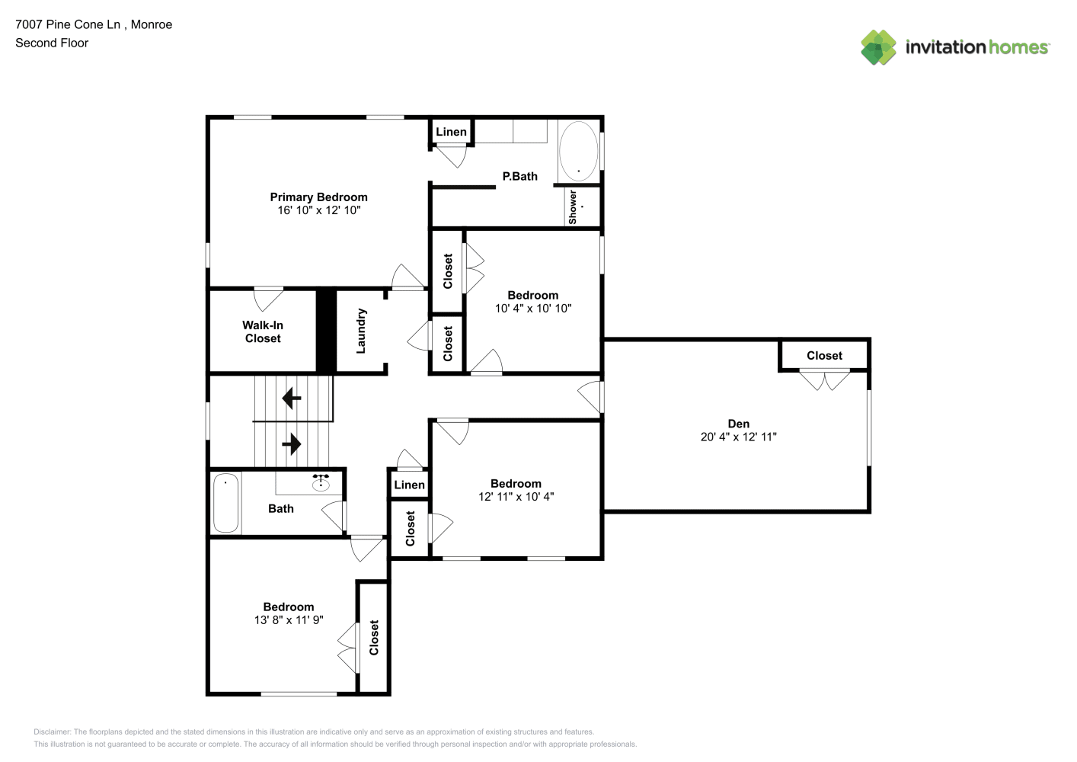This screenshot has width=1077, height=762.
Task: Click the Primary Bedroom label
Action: click(x=319, y=197)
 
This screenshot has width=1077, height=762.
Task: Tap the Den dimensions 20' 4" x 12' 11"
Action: click(x=739, y=437)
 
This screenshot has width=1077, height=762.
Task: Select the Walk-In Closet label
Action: click(x=263, y=332)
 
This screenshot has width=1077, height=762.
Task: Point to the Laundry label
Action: click(x=361, y=331)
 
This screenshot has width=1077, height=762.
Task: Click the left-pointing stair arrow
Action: click(x=292, y=399)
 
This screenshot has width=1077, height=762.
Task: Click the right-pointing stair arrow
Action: click(x=292, y=443)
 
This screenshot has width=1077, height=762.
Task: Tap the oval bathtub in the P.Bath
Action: click(x=578, y=151)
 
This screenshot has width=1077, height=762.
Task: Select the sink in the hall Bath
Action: click(x=321, y=482)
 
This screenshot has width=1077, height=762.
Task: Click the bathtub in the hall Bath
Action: click(x=225, y=503)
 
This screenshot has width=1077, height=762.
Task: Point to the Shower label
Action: click(x=573, y=207)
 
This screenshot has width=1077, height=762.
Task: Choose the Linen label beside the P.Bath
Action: click(x=451, y=132)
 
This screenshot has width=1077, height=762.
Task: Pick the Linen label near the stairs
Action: click(x=409, y=485)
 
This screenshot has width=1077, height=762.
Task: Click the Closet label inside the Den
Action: click(x=824, y=356)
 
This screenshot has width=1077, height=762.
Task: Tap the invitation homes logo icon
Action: click(x=878, y=47)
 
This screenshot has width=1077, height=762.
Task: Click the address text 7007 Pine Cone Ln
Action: click(x=68, y=24)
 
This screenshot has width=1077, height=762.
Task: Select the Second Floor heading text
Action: click(x=52, y=43)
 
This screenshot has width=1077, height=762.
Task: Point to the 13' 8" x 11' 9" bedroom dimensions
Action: click(x=289, y=620)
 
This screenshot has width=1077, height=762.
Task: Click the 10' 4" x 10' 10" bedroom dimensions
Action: click(x=533, y=309)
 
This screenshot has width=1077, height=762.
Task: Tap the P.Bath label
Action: click(x=519, y=177)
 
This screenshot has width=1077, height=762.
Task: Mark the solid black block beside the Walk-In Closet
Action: click(x=325, y=331)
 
